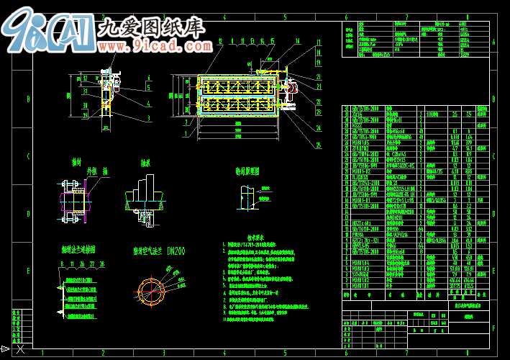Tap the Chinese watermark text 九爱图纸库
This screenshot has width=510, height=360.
pyautogui.click(x=150, y=28)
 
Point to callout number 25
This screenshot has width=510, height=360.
pyautogui.click(x=318, y=144)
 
